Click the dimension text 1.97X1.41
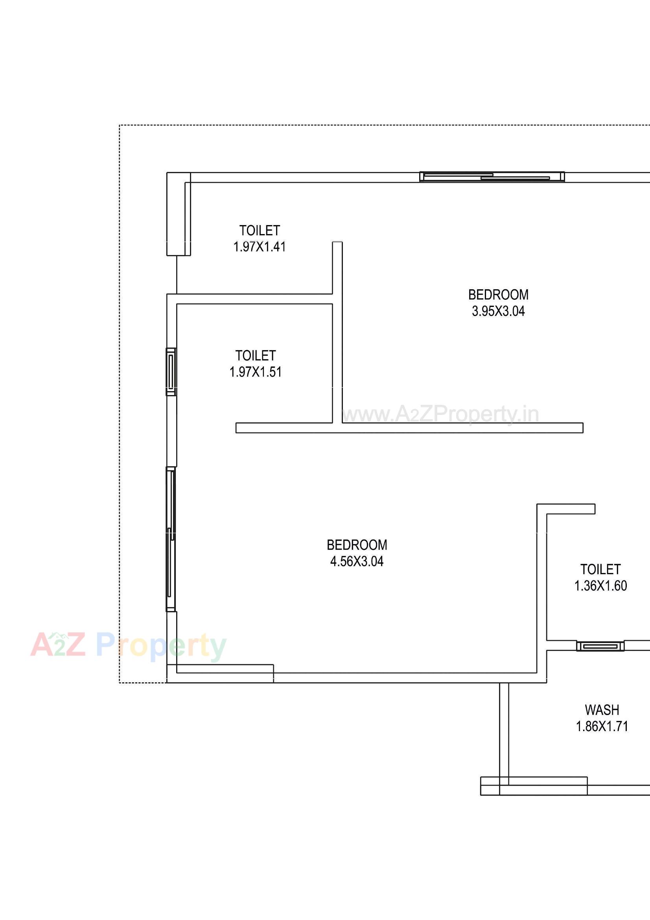point(260,247)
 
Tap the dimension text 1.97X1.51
point(256,372)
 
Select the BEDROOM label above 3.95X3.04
point(498,295)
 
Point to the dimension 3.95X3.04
point(498,311)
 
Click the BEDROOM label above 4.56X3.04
point(357,545)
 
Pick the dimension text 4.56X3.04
point(357,562)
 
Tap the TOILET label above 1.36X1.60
point(600,569)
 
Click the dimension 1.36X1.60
point(600,586)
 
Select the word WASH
point(602,710)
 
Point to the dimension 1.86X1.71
point(602,726)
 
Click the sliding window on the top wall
point(492,177)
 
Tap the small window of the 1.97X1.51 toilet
point(171,372)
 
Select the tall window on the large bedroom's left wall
point(171,539)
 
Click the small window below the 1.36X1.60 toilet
point(600,646)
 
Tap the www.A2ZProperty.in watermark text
point(440,414)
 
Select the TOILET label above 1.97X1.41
point(260,231)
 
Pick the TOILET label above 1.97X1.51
point(256,356)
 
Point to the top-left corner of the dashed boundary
point(120,126)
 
